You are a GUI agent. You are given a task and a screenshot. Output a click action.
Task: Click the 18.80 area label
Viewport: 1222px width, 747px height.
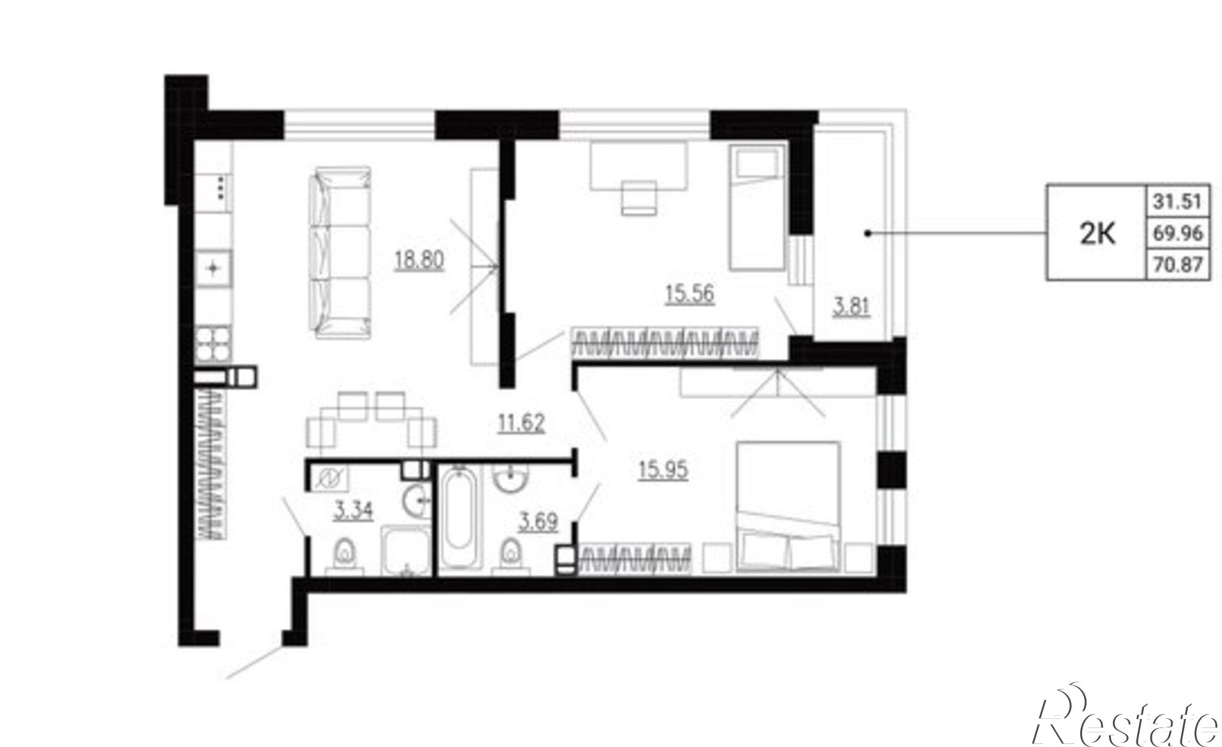coord(419,261)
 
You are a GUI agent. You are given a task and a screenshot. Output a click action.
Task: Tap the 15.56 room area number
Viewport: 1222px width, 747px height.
coord(689,294)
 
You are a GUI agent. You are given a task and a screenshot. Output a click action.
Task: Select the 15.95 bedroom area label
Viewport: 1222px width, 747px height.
coord(664,470)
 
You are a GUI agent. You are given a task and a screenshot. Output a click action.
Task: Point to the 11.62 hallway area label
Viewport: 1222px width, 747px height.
coord(521,423)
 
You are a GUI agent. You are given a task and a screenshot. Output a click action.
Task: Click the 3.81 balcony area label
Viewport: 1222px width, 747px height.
coord(852,305)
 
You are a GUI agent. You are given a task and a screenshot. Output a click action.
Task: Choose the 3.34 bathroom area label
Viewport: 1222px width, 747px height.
coord(353,511)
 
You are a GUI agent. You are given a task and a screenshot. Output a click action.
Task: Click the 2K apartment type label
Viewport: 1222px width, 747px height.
coord(1098,233)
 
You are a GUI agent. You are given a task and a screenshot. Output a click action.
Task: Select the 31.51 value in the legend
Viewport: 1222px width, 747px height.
coord(1177,201)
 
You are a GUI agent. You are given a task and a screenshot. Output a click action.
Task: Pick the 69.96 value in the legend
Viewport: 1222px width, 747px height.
coord(1177,233)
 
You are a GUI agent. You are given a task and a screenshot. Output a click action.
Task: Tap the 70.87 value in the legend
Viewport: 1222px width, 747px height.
coord(1177,264)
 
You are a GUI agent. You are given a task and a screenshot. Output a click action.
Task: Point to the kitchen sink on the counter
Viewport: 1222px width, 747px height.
coord(213,268)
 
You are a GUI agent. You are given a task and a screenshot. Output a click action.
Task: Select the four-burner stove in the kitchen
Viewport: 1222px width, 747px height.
coord(213,345)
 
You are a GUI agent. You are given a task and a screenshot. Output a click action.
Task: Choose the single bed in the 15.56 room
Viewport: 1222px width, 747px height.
coord(756,208)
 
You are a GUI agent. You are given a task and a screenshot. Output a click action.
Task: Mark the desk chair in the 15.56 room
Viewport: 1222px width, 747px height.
coord(639,198)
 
